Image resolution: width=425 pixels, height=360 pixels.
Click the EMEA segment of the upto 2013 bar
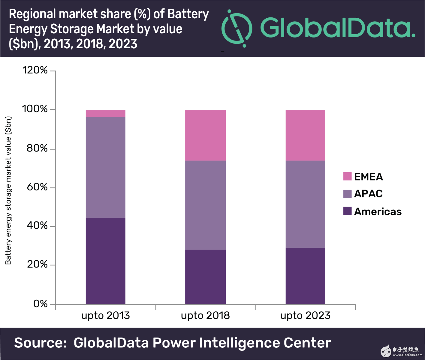[105, 113]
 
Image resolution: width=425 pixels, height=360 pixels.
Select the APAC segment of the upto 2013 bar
[105, 167]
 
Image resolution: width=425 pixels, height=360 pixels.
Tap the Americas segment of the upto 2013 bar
[105, 261]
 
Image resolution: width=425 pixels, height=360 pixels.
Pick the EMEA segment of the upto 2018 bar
[205, 135]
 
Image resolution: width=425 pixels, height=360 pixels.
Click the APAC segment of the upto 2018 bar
[205, 205]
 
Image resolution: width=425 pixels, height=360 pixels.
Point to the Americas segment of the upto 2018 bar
[205, 277]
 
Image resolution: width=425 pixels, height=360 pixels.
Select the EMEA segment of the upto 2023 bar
[305, 135]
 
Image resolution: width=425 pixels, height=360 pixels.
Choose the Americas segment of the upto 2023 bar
[305, 276]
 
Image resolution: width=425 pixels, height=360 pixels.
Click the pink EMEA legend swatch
[347, 176]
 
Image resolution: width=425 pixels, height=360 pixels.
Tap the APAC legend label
[368, 194]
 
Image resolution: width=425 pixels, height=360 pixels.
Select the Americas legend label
[378, 211]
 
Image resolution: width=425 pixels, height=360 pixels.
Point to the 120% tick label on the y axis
[35, 70]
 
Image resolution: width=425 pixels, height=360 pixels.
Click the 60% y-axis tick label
[37, 187]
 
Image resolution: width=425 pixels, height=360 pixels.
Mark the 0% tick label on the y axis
[41, 304]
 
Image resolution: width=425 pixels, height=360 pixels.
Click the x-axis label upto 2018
[205, 316]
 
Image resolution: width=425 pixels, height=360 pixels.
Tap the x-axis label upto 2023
[305, 316]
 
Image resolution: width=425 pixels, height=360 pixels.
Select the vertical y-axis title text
[8, 190]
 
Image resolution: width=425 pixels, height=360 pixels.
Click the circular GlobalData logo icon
[237, 28]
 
